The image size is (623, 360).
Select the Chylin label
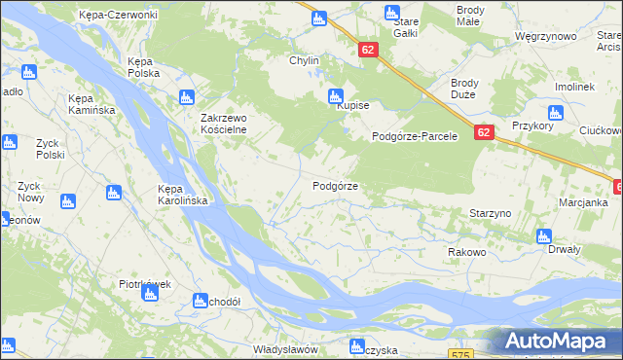pos(303,60)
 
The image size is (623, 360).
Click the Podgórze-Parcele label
pos(415,137)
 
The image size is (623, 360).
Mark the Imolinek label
pos(574,87)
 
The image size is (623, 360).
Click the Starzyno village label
pos(491,211)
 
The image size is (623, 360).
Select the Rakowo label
pos(466,252)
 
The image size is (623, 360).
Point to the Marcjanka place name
pos(583,202)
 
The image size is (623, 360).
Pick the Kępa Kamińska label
pos(92,104)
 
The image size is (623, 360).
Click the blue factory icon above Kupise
pos(336,95)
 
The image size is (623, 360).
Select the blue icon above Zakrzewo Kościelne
pos(187,97)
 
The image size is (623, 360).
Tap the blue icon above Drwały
pos(543,235)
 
